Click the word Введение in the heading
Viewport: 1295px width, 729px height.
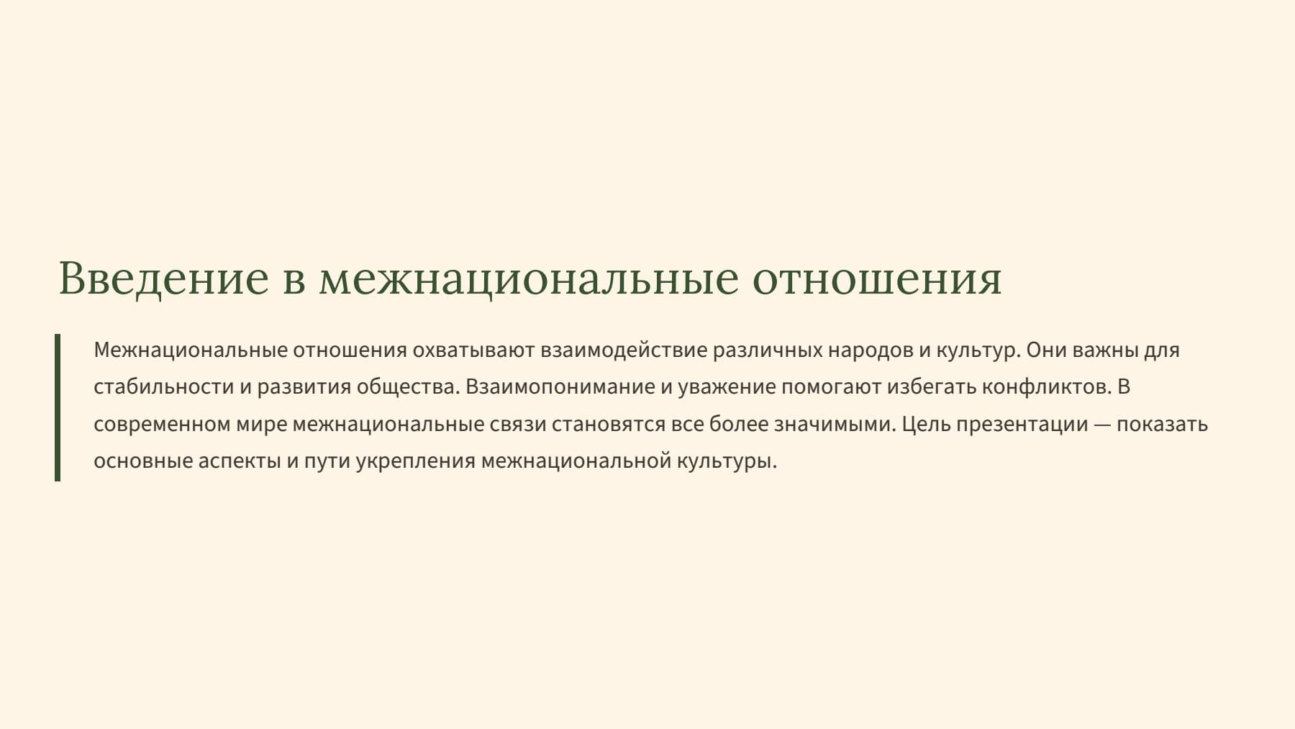[163, 279]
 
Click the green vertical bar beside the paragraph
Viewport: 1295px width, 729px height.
[58, 407]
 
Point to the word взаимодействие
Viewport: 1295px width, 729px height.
[624, 350]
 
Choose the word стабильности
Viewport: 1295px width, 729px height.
[164, 387]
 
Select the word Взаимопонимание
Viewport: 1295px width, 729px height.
[560, 387]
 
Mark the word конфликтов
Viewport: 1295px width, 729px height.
[1047, 387]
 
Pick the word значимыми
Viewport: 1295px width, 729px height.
[835, 424]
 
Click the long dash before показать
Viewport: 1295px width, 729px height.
[1102, 425]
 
